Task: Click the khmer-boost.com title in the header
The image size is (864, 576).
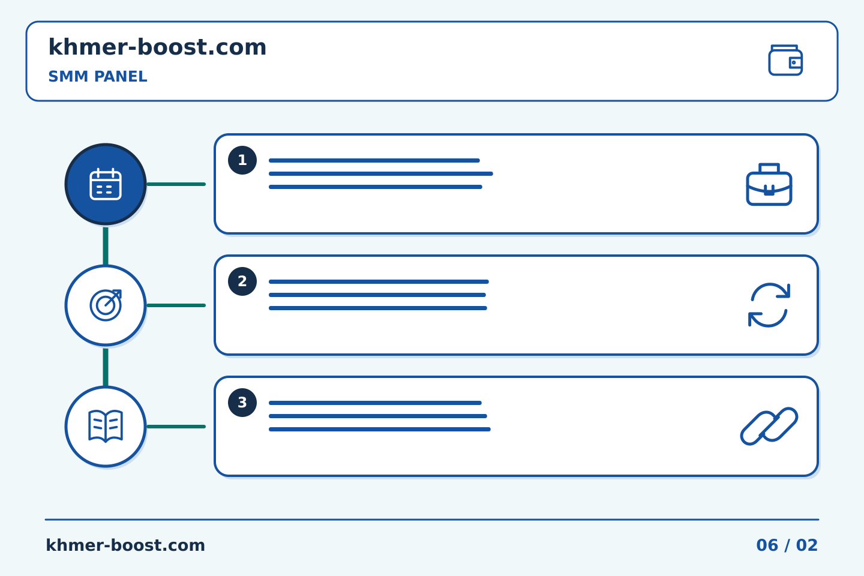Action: click(x=157, y=47)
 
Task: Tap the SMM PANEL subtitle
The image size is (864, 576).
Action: click(x=98, y=76)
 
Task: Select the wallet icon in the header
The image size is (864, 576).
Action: click(x=785, y=60)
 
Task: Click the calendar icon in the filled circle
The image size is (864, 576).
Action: click(x=106, y=184)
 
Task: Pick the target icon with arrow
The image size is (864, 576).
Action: click(x=106, y=305)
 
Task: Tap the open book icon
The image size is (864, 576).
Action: click(x=106, y=427)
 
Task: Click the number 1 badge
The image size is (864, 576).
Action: click(x=242, y=160)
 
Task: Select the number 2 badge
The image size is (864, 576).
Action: click(x=242, y=281)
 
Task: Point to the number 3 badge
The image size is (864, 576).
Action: click(x=242, y=403)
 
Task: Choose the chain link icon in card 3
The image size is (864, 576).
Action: click(x=769, y=427)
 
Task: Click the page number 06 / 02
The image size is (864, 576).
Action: click(x=787, y=545)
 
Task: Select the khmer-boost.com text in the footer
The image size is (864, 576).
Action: click(x=125, y=545)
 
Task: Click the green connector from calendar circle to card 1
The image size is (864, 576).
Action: click(x=176, y=184)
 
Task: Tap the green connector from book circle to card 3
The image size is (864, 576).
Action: click(x=176, y=427)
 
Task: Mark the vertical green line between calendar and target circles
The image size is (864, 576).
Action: click(x=106, y=246)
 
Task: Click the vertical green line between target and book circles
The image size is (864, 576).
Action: click(x=106, y=367)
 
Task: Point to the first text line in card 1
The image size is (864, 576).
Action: click(x=374, y=160)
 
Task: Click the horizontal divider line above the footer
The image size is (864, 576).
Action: click(x=432, y=520)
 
